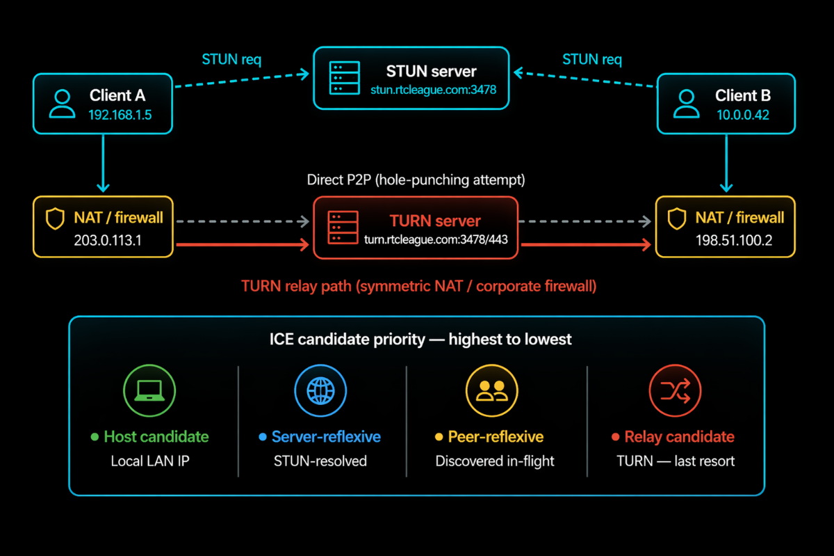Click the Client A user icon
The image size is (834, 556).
62,104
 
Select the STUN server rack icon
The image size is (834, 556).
345,78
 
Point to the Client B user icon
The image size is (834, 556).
687,104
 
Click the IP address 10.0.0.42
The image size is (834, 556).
743,115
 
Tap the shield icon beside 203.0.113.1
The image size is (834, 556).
55,219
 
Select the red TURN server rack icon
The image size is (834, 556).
343,228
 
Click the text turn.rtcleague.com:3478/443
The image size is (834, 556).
435,239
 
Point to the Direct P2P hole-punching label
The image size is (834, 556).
416,180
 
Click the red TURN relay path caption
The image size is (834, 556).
418,286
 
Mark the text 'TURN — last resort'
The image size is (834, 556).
675,461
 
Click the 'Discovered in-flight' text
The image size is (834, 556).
495,461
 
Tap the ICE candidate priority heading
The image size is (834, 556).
420,340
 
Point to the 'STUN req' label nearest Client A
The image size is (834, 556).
231,59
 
